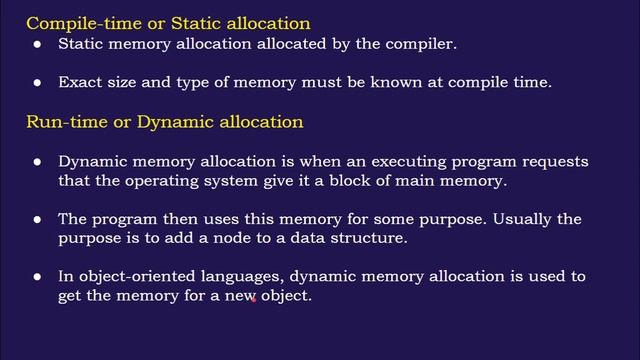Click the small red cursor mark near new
click(254, 298)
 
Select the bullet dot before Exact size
click(38, 84)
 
